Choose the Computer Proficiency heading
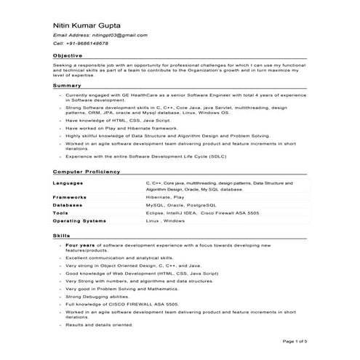point(87,171)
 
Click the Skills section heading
point(61,237)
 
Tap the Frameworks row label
point(70,197)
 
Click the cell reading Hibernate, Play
point(164,197)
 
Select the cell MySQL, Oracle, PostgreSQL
point(177,205)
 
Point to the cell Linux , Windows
point(166,220)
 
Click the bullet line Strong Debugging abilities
point(102,297)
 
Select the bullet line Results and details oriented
point(99,325)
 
